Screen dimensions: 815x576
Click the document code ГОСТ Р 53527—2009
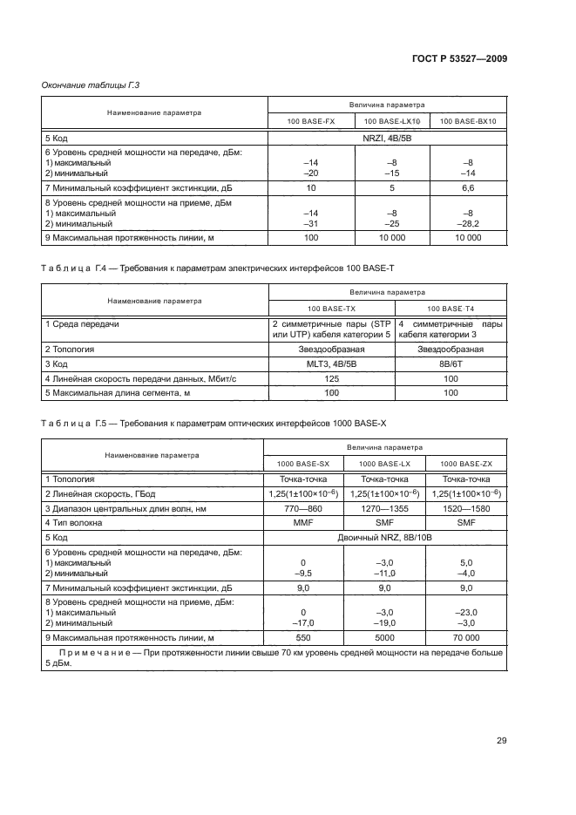coord(460,58)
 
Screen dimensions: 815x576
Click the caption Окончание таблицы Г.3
coord(91,85)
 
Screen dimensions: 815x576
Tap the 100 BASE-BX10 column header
coord(467,121)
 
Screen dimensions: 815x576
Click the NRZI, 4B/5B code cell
coord(388,138)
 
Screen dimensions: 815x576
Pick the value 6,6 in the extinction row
coord(467,187)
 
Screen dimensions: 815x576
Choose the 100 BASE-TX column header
coord(331,309)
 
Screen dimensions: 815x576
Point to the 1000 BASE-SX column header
coord(302,463)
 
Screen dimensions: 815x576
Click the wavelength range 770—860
coord(302,507)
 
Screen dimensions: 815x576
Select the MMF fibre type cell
coord(302,522)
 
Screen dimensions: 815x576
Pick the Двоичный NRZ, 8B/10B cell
coord(384,538)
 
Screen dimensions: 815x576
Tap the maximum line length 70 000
coord(466,637)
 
